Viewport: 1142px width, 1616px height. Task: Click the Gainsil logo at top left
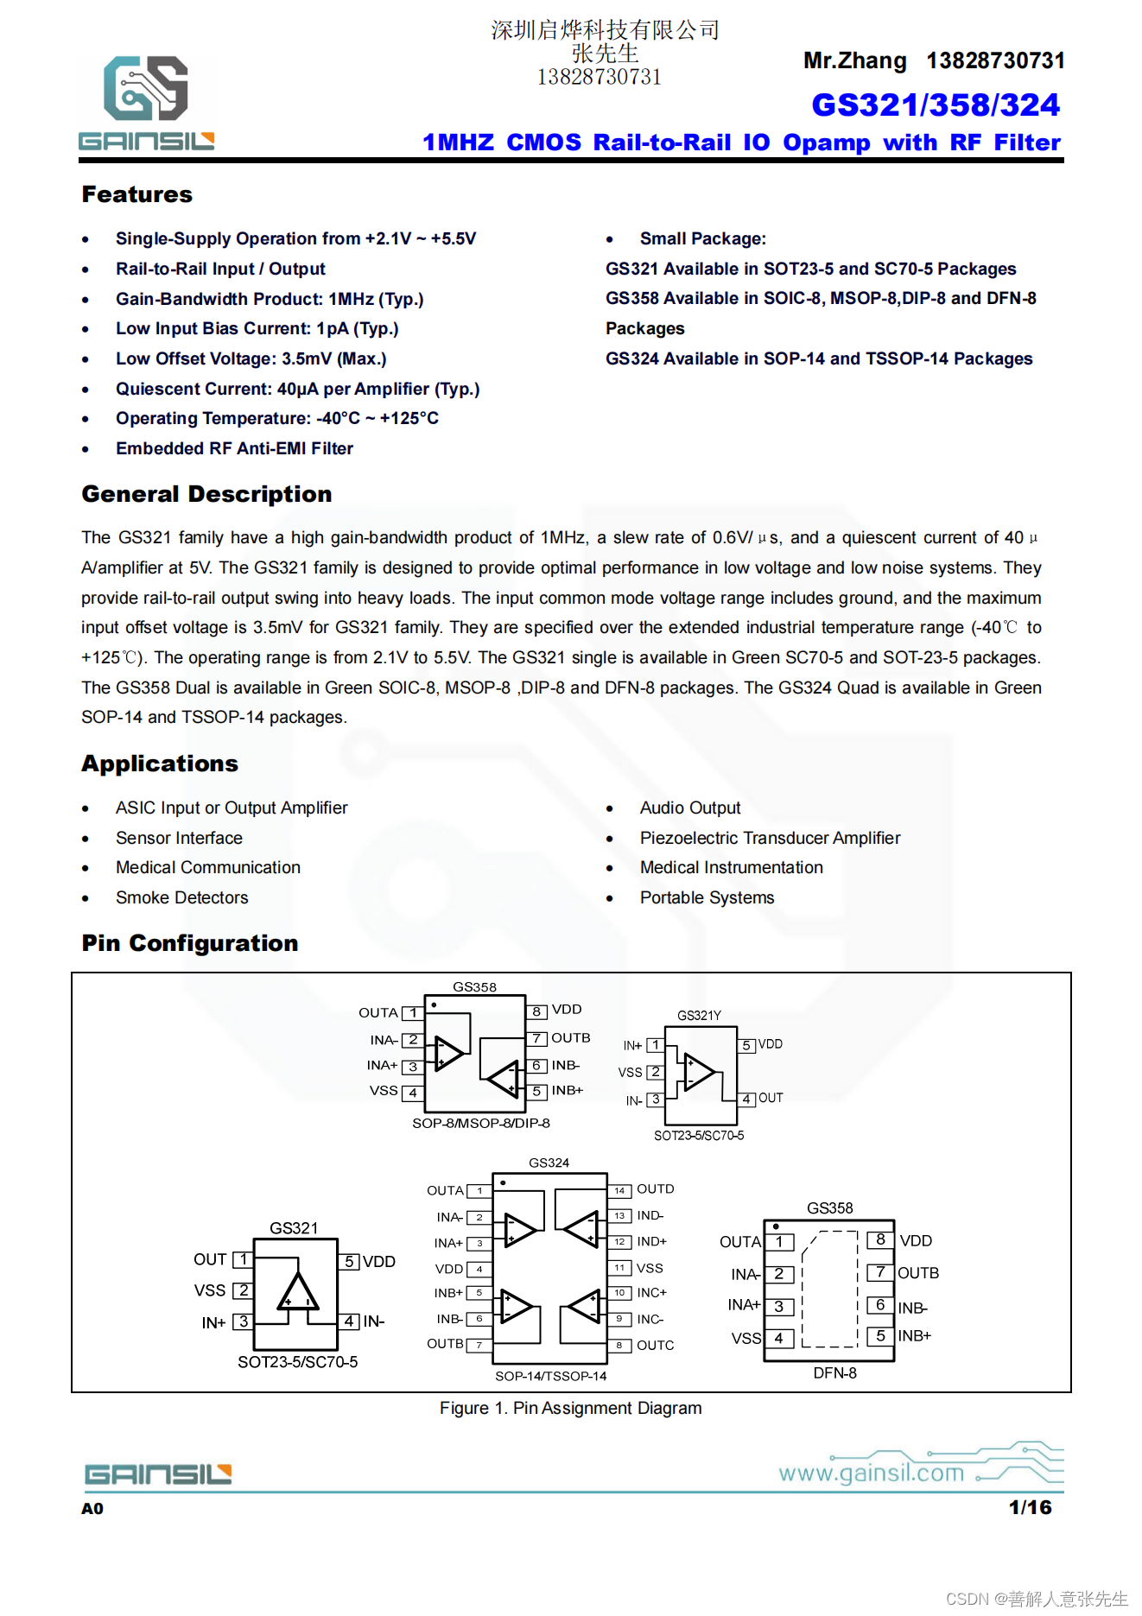point(146,102)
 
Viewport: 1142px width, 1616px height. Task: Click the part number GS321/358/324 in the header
point(935,105)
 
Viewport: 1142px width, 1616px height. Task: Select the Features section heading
point(136,194)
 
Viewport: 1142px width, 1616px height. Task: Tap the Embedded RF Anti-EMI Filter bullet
point(234,448)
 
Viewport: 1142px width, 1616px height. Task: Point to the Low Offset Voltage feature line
point(251,358)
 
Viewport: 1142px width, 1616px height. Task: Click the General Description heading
point(206,494)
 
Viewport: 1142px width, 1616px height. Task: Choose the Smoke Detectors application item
point(181,897)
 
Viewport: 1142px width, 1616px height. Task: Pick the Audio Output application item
point(689,808)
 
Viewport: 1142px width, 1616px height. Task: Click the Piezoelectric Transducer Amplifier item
point(769,838)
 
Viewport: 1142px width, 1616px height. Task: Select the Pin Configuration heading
point(189,943)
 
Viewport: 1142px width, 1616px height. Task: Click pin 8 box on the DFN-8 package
point(879,1240)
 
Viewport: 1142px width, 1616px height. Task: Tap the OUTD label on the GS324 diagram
point(655,1189)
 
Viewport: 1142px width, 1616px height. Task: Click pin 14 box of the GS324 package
point(619,1190)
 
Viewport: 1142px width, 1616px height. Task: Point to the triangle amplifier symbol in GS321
point(297,1293)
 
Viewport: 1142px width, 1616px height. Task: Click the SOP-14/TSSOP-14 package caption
point(550,1376)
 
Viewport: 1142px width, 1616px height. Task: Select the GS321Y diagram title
point(699,1016)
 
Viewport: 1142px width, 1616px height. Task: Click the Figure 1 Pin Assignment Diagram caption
point(570,1408)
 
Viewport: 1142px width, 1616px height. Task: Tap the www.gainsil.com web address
point(871,1473)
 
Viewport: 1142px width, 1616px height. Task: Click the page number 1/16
point(1030,1507)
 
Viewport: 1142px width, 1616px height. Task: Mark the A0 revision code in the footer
point(92,1509)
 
